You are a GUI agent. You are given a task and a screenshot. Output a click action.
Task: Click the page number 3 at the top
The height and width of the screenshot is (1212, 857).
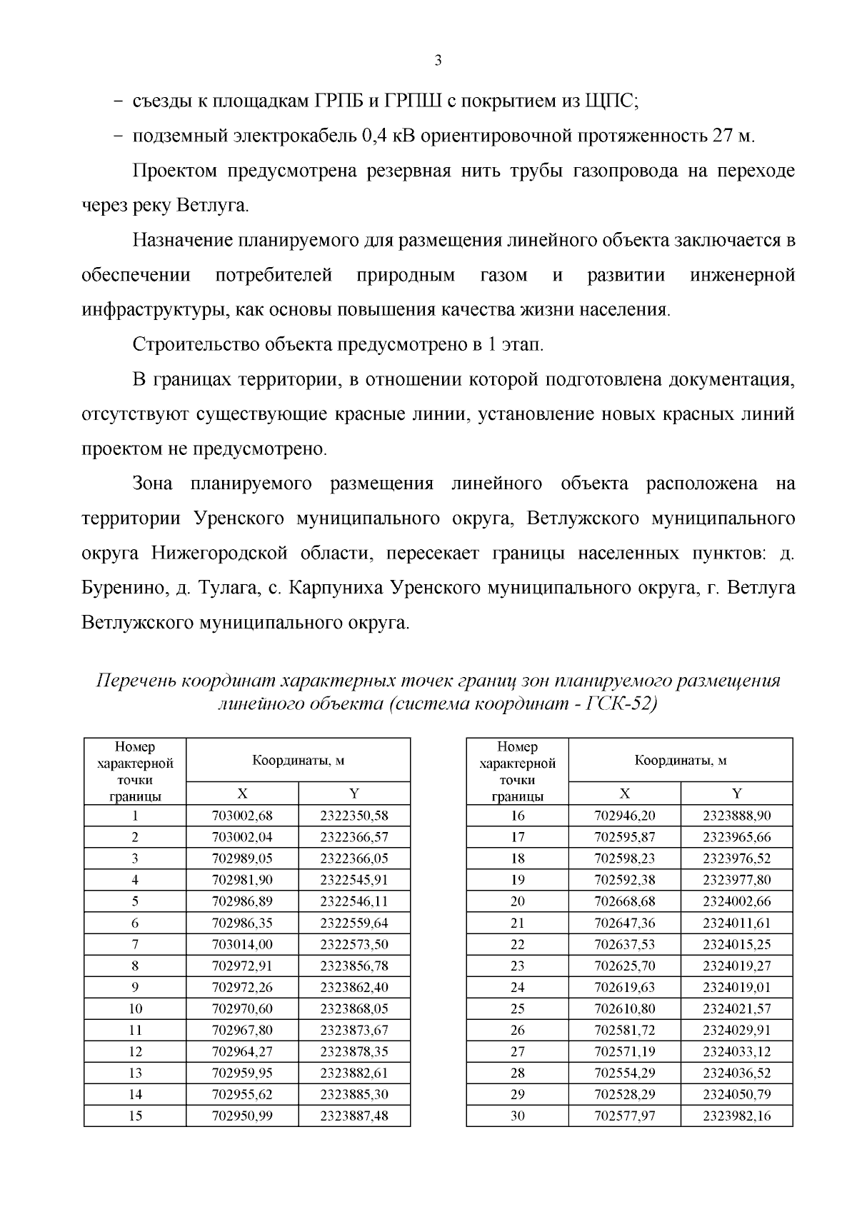pyautogui.click(x=438, y=61)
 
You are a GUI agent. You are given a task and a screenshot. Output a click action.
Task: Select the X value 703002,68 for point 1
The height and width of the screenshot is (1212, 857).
pyautogui.click(x=242, y=816)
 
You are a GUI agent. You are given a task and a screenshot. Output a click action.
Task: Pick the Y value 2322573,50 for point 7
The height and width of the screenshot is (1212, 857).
pyautogui.click(x=354, y=944)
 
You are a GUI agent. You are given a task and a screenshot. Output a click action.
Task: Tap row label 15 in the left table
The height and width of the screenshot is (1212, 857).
pyautogui.click(x=135, y=1116)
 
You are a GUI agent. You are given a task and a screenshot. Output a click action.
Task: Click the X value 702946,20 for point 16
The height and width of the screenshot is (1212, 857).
pyautogui.click(x=625, y=816)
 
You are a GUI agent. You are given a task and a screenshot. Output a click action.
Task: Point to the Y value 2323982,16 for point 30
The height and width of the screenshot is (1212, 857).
pyautogui.click(x=736, y=1116)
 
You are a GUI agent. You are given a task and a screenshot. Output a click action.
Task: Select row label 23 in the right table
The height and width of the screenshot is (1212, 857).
pyautogui.click(x=518, y=966)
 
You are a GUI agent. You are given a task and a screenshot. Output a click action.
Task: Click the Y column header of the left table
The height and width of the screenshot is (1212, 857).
pyautogui.click(x=354, y=793)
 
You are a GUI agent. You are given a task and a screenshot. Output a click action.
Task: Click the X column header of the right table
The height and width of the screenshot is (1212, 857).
pyautogui.click(x=625, y=793)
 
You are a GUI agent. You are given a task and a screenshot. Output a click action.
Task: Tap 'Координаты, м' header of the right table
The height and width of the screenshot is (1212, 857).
pyautogui.click(x=681, y=761)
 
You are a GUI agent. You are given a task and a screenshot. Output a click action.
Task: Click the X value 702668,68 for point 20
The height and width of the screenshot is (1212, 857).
pyautogui.click(x=625, y=901)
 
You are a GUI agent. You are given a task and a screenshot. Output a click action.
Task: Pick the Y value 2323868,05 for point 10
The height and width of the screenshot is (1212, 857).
pyautogui.click(x=354, y=1008)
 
